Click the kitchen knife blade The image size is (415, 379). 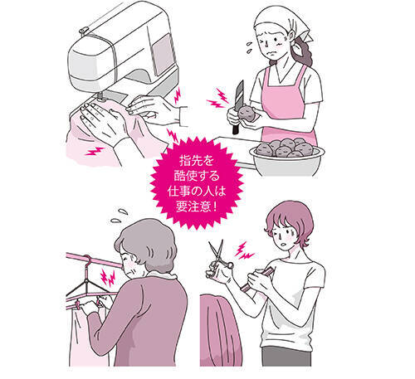click(239, 95)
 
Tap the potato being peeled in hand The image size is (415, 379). click(247, 114)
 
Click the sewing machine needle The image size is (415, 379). click(100, 95)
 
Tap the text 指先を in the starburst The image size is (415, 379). click(196, 160)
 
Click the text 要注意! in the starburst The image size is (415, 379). click(197, 207)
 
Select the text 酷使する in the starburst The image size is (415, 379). click(197, 176)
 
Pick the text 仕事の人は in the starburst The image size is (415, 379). click(197, 191)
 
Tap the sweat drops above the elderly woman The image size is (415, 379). click(119, 216)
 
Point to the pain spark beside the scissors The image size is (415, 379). click(244, 251)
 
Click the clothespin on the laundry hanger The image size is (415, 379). click(77, 305)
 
